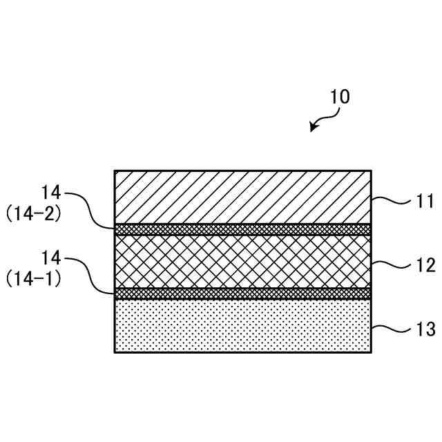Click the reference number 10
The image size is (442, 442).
tap(340, 97)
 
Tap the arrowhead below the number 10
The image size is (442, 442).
tap(314, 128)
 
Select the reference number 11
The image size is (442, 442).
tap(425, 202)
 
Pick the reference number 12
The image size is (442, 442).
tap(425, 265)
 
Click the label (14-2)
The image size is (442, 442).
tap(35, 214)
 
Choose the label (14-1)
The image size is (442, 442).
tap(35, 280)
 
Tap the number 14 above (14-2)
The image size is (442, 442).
tap(52, 192)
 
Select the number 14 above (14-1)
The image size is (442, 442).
tap(52, 258)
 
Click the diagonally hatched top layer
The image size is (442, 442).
tap(242, 196)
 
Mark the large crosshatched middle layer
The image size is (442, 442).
tap(242, 261)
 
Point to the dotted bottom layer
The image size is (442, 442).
tap(242, 325)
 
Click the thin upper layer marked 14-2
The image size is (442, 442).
tap(242, 229)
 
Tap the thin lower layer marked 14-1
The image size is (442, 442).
tap(242, 294)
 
